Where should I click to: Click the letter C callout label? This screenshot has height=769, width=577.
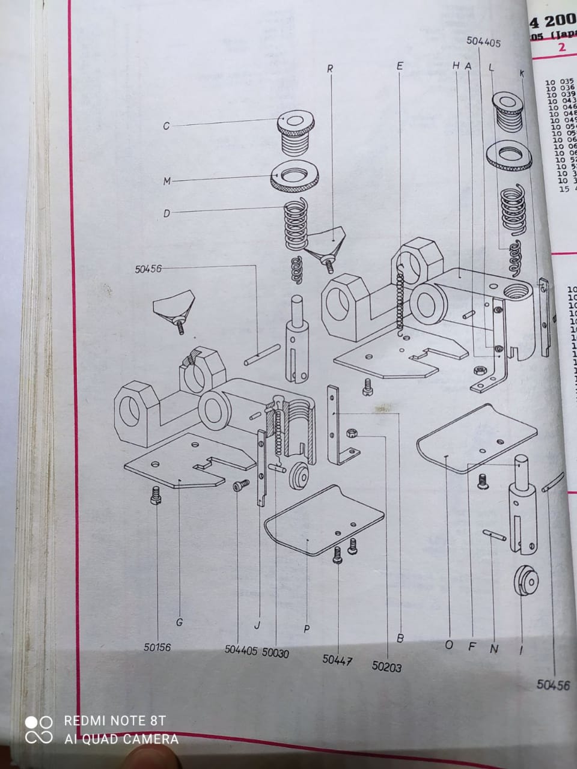click(x=166, y=126)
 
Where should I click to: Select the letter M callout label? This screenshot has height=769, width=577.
click(x=167, y=181)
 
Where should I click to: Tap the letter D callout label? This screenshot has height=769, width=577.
click(x=166, y=213)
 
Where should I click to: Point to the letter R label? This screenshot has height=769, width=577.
click(x=330, y=69)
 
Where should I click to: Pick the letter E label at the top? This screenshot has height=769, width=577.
click(x=400, y=65)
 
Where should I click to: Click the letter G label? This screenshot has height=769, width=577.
click(x=179, y=622)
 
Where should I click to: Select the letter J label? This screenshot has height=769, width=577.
click(x=257, y=625)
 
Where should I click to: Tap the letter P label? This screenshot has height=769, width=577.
click(x=307, y=629)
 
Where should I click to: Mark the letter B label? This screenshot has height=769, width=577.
click(x=400, y=638)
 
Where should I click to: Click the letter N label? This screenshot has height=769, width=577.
click(x=494, y=649)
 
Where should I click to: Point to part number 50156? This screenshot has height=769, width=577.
click(x=157, y=648)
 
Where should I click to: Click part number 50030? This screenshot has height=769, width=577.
click(x=275, y=653)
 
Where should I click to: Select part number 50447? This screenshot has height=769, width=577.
click(x=337, y=660)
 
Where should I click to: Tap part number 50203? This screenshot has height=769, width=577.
click(x=386, y=666)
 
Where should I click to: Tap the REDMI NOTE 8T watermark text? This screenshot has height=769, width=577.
click(x=115, y=721)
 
